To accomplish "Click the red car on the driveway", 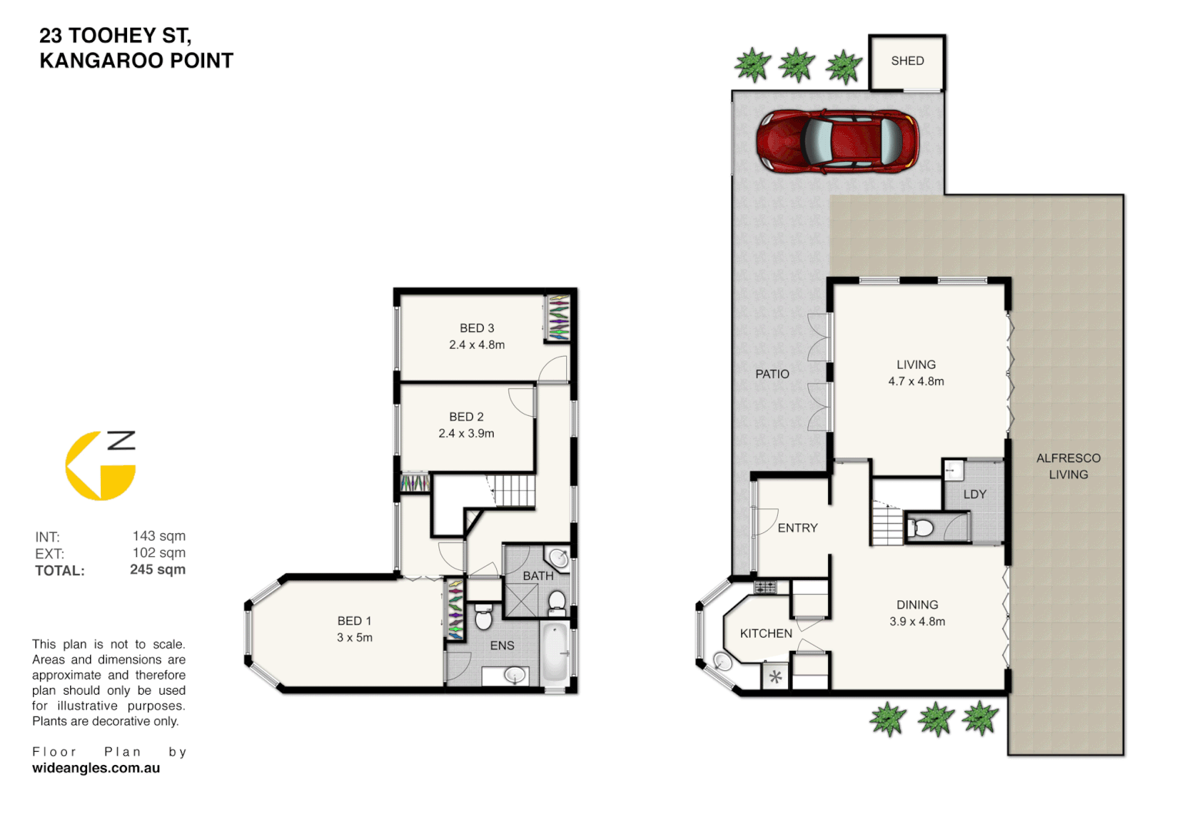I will tap(837, 141).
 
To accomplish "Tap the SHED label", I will tap(907, 61).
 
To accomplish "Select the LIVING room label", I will tap(916, 364).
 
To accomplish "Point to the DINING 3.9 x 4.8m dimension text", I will tap(917, 622).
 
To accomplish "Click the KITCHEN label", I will tap(766, 633).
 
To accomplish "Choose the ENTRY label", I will tap(797, 528).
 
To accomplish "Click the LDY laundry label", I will tap(974, 495).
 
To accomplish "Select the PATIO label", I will tap(772, 374).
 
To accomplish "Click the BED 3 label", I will tap(477, 328).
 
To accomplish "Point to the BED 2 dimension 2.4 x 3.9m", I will tap(466, 434).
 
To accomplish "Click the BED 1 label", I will tap(354, 621).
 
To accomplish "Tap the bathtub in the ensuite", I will tap(555, 653).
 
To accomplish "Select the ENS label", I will tap(502, 646).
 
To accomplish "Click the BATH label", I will tap(538, 575).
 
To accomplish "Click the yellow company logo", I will tap(99, 466).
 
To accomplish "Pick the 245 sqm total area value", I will tap(157, 569).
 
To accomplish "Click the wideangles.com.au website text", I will tap(96, 768).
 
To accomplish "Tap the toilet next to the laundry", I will tap(921, 528).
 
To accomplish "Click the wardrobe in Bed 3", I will tap(558, 318).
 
